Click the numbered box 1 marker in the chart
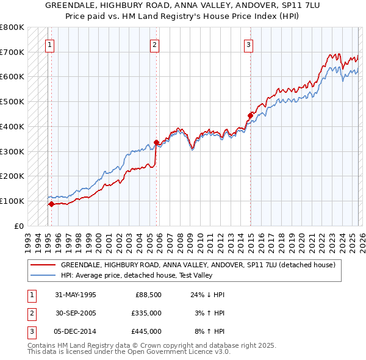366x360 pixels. coord(49,44)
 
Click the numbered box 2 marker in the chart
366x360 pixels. coord(155,44)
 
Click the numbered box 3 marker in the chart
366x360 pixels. coord(249,44)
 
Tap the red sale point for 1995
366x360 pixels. coord(51,204)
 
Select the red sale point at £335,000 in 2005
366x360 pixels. coord(156,143)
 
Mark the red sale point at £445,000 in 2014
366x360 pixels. coord(250,115)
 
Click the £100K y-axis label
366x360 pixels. coord(13,201)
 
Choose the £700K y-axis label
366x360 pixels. coord(13,52)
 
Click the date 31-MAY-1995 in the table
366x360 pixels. coord(76,295)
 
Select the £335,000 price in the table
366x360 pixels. coord(146,313)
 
